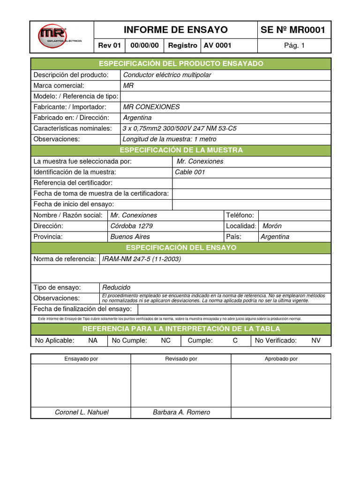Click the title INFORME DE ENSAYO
pyautogui.click(x=176, y=30)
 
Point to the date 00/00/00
pyautogui.click(x=144, y=45)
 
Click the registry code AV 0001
pyautogui.click(x=217, y=45)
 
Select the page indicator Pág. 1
pyautogui.click(x=294, y=45)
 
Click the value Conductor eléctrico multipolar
pyautogui.click(x=167, y=75)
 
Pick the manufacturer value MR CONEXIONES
pyautogui.click(x=151, y=107)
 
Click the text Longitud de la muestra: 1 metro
pyautogui.click(x=170, y=139)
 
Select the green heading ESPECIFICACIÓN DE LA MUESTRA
pyautogui.click(x=181, y=150)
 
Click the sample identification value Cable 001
pyautogui.click(x=190, y=172)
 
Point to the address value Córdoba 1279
pyautogui.click(x=131, y=226)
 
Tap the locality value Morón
pyautogui.click(x=272, y=226)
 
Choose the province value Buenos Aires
pyautogui.click(x=130, y=237)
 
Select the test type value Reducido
pyautogui.click(x=116, y=287)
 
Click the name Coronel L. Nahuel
pyautogui.click(x=82, y=412)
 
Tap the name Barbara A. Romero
pyautogui.click(x=181, y=412)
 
